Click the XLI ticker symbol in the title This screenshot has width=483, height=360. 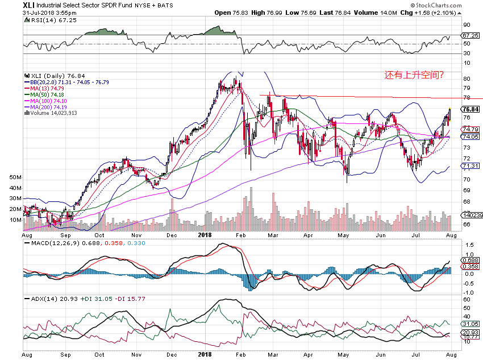30,5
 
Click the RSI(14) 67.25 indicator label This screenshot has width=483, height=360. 47,20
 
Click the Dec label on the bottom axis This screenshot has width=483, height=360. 173,234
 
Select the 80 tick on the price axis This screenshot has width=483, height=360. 467,78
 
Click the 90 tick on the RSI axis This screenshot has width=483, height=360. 467,25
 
